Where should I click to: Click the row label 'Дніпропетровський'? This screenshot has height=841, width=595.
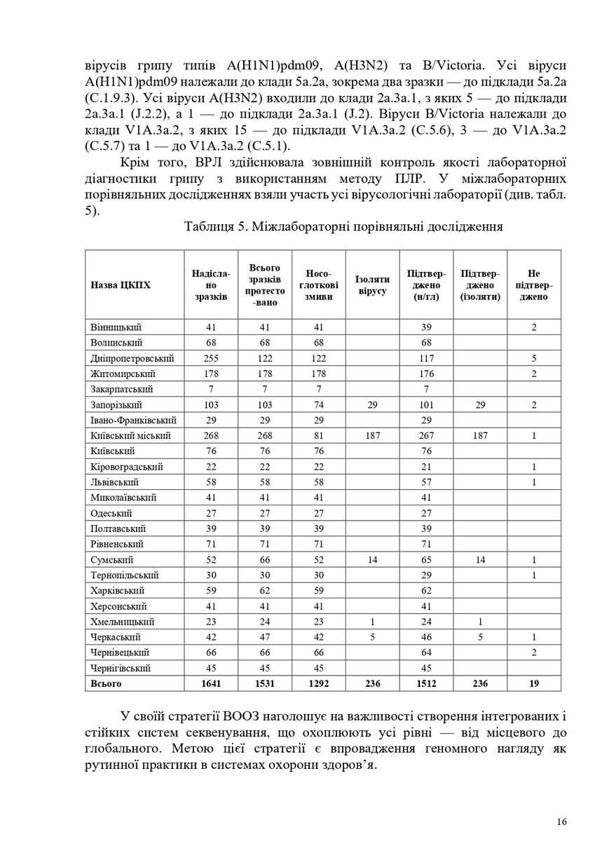tap(132, 358)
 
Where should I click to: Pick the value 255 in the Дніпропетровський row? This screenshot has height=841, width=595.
tap(212, 358)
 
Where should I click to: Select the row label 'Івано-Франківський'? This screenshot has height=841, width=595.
tap(133, 420)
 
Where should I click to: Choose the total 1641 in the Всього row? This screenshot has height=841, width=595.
tap(212, 683)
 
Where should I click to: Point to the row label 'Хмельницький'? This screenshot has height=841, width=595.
tap(123, 622)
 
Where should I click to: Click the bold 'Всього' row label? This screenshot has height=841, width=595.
tap(106, 683)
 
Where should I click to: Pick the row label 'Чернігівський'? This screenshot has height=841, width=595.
tap(121, 668)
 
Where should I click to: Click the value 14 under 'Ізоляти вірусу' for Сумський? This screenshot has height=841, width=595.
tap(372, 560)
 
